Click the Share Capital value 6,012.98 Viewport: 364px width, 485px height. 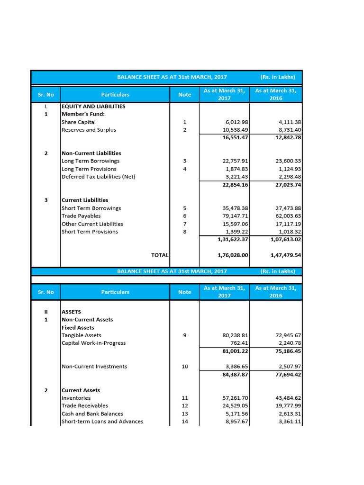point(236,122)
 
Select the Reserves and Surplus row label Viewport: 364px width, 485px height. point(89,130)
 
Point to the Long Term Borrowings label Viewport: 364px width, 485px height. point(91,161)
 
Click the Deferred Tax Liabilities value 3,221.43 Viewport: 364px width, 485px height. point(236,177)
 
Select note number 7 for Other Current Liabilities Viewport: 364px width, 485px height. point(184,224)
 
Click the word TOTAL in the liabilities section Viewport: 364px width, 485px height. point(160,255)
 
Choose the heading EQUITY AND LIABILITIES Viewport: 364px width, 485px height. point(93,107)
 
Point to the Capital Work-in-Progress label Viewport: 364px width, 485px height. point(93,343)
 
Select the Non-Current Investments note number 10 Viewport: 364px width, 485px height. point(184,367)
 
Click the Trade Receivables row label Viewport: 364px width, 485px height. point(85,406)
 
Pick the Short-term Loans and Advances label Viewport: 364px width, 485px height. point(102,422)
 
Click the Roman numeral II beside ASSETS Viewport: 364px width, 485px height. point(46,312)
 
